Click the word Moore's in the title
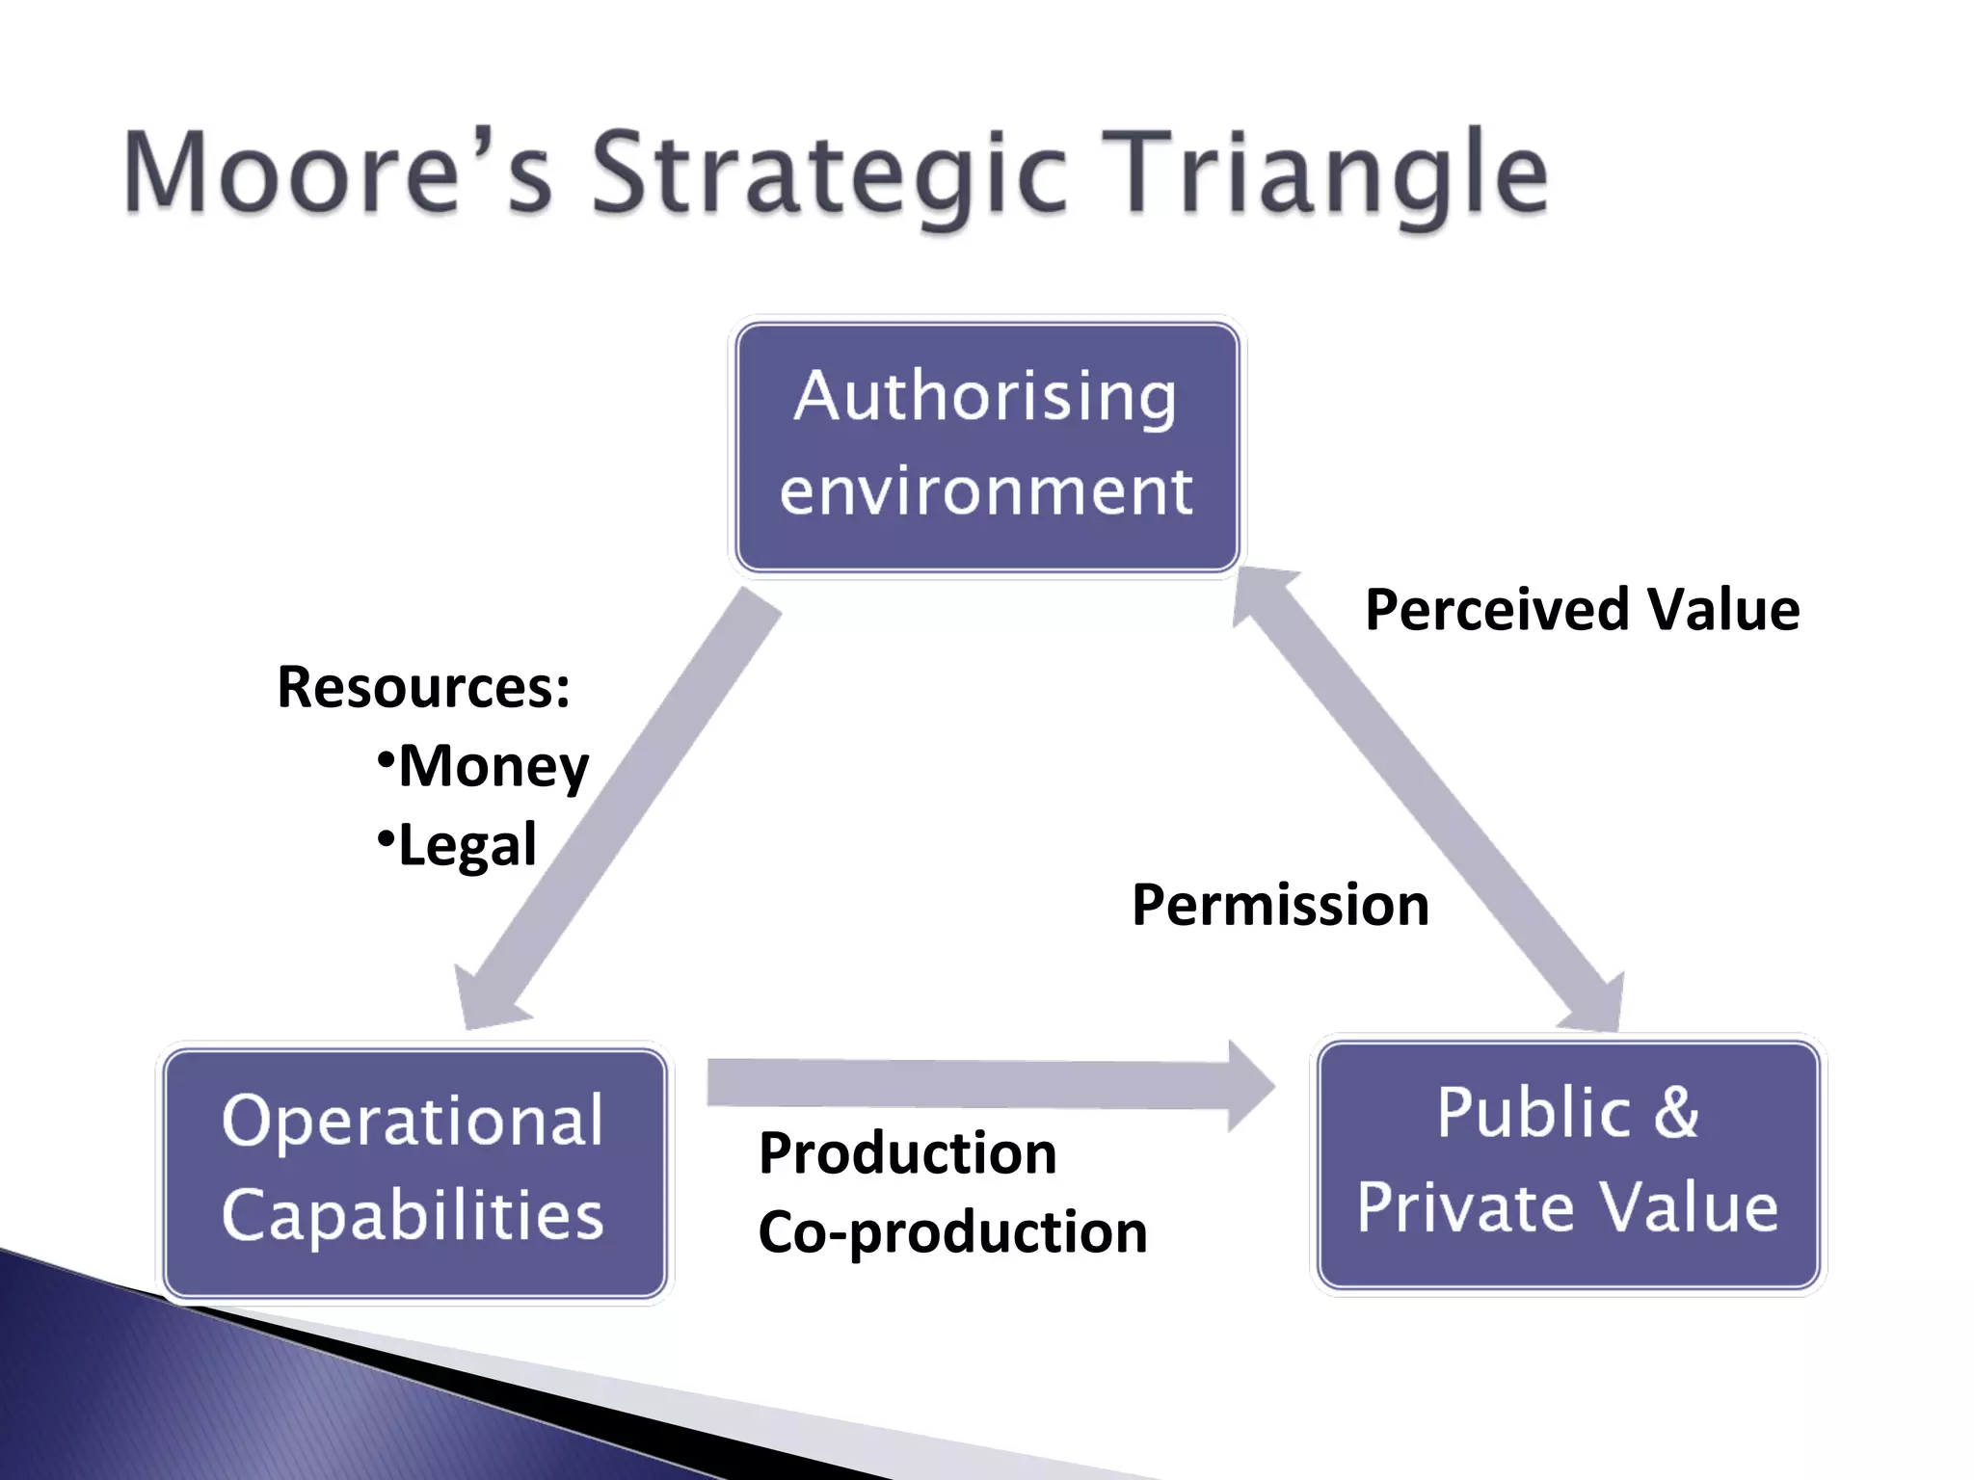click(x=337, y=173)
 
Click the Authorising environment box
click(x=986, y=447)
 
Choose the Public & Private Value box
click(x=1567, y=1164)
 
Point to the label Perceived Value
click(x=1582, y=610)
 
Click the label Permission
click(x=1280, y=906)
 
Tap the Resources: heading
click(x=423, y=687)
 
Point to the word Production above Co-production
click(x=907, y=1153)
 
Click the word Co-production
click(x=952, y=1232)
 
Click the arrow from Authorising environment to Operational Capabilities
click(x=627, y=800)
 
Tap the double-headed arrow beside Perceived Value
click(x=1427, y=800)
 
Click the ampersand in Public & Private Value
click(x=1676, y=1113)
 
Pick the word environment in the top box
click(x=986, y=491)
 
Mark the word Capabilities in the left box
click(x=413, y=1216)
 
